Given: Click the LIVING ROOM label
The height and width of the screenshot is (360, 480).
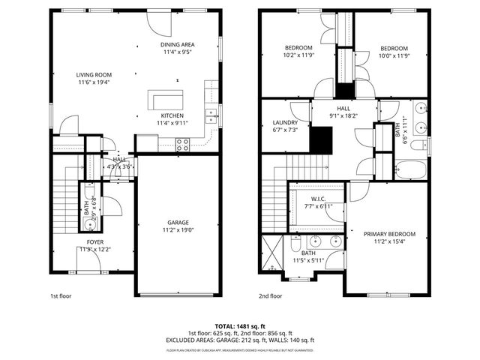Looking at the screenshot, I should [94, 74].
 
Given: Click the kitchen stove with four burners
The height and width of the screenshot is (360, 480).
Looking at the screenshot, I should [183, 145].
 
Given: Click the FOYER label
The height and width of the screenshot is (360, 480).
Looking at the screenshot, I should [94, 241].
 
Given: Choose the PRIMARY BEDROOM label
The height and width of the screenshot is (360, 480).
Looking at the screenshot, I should [389, 234].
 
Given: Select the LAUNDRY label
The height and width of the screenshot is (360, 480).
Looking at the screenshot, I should [286, 122].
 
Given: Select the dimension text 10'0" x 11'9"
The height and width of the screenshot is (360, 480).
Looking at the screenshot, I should [393, 55].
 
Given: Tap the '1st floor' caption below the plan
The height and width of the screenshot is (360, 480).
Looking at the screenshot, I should [61, 295].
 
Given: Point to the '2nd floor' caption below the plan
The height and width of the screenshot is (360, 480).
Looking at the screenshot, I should [270, 295].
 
